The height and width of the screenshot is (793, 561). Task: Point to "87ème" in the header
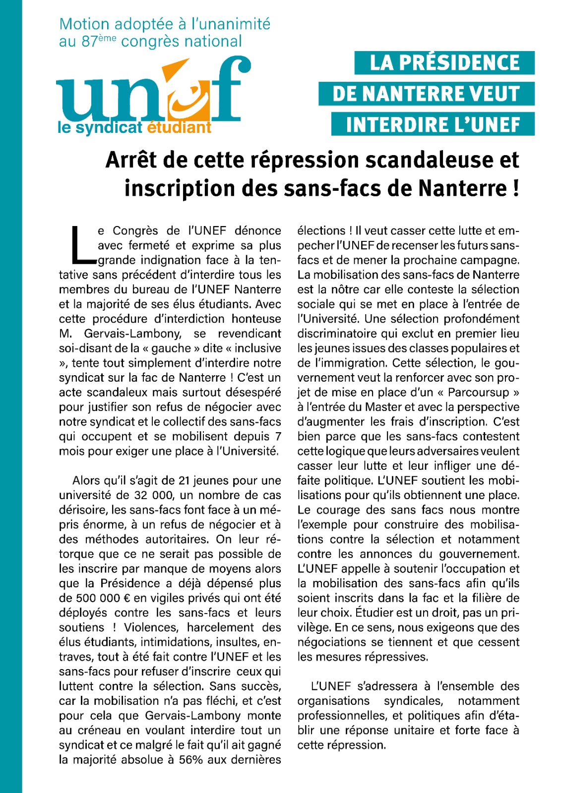click(99, 41)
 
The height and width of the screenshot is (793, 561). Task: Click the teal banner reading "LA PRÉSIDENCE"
click(444, 63)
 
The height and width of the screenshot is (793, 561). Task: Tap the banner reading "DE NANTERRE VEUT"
click(426, 94)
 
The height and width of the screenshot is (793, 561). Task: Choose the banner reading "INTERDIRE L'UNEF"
click(433, 124)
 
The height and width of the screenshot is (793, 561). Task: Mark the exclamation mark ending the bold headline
click(515, 188)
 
